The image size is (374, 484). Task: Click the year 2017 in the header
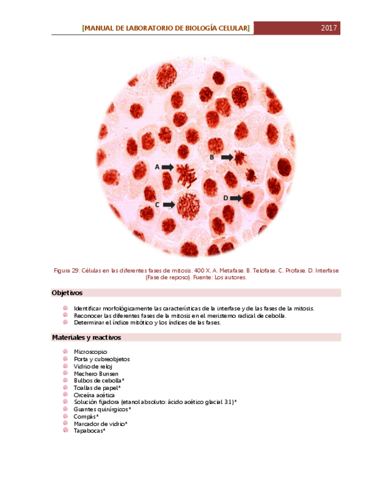coord(329,28)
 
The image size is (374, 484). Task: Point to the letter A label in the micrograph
coord(157,167)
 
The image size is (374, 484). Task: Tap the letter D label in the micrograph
coord(226,197)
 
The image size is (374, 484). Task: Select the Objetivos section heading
coord(67,293)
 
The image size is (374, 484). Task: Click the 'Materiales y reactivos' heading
coord(86,337)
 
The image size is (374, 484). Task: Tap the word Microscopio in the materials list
coord(90,352)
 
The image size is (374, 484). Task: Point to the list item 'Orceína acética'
coord(94,395)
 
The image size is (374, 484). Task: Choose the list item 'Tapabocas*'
coord(90,431)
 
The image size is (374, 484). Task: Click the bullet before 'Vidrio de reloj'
coord(66,366)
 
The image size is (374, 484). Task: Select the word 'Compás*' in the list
coord(86,417)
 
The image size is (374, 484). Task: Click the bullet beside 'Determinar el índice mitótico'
coord(66,322)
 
